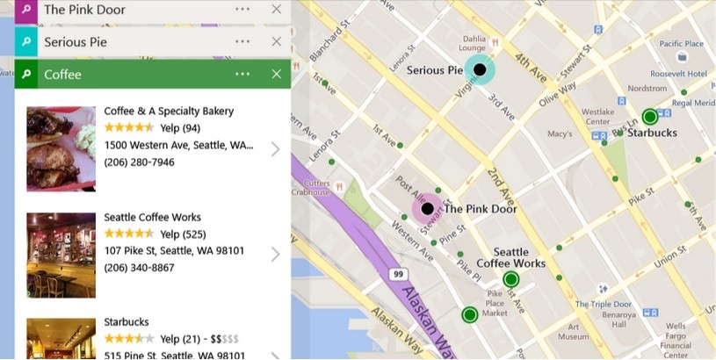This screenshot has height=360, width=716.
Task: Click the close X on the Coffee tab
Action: pyautogui.click(x=277, y=74)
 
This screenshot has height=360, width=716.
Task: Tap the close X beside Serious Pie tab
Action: pyautogui.click(x=277, y=41)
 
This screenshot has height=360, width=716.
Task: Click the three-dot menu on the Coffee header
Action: pyautogui.click(x=242, y=74)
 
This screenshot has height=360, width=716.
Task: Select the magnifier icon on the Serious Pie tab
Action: pyautogui.click(x=26, y=41)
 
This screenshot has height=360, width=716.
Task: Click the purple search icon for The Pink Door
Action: pyautogui.click(x=26, y=10)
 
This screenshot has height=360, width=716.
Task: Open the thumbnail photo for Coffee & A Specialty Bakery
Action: pyautogui.click(x=61, y=148)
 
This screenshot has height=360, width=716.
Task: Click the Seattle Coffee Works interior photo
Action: pyautogui.click(x=61, y=255)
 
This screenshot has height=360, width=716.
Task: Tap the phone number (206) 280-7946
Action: pyautogui.click(x=139, y=162)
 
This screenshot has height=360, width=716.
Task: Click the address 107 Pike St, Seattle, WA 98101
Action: pyautogui.click(x=174, y=251)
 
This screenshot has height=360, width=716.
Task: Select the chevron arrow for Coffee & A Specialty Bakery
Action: pyautogui.click(x=275, y=148)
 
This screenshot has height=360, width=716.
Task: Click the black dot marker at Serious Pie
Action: pyautogui.click(x=480, y=69)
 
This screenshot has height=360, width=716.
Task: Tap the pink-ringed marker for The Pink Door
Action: pyautogui.click(x=428, y=209)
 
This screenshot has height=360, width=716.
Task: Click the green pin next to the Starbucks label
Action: pyautogui.click(x=649, y=116)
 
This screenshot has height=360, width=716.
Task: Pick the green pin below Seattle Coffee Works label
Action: pyautogui.click(x=510, y=280)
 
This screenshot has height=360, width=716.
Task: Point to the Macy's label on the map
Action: pyautogui.click(x=560, y=134)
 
